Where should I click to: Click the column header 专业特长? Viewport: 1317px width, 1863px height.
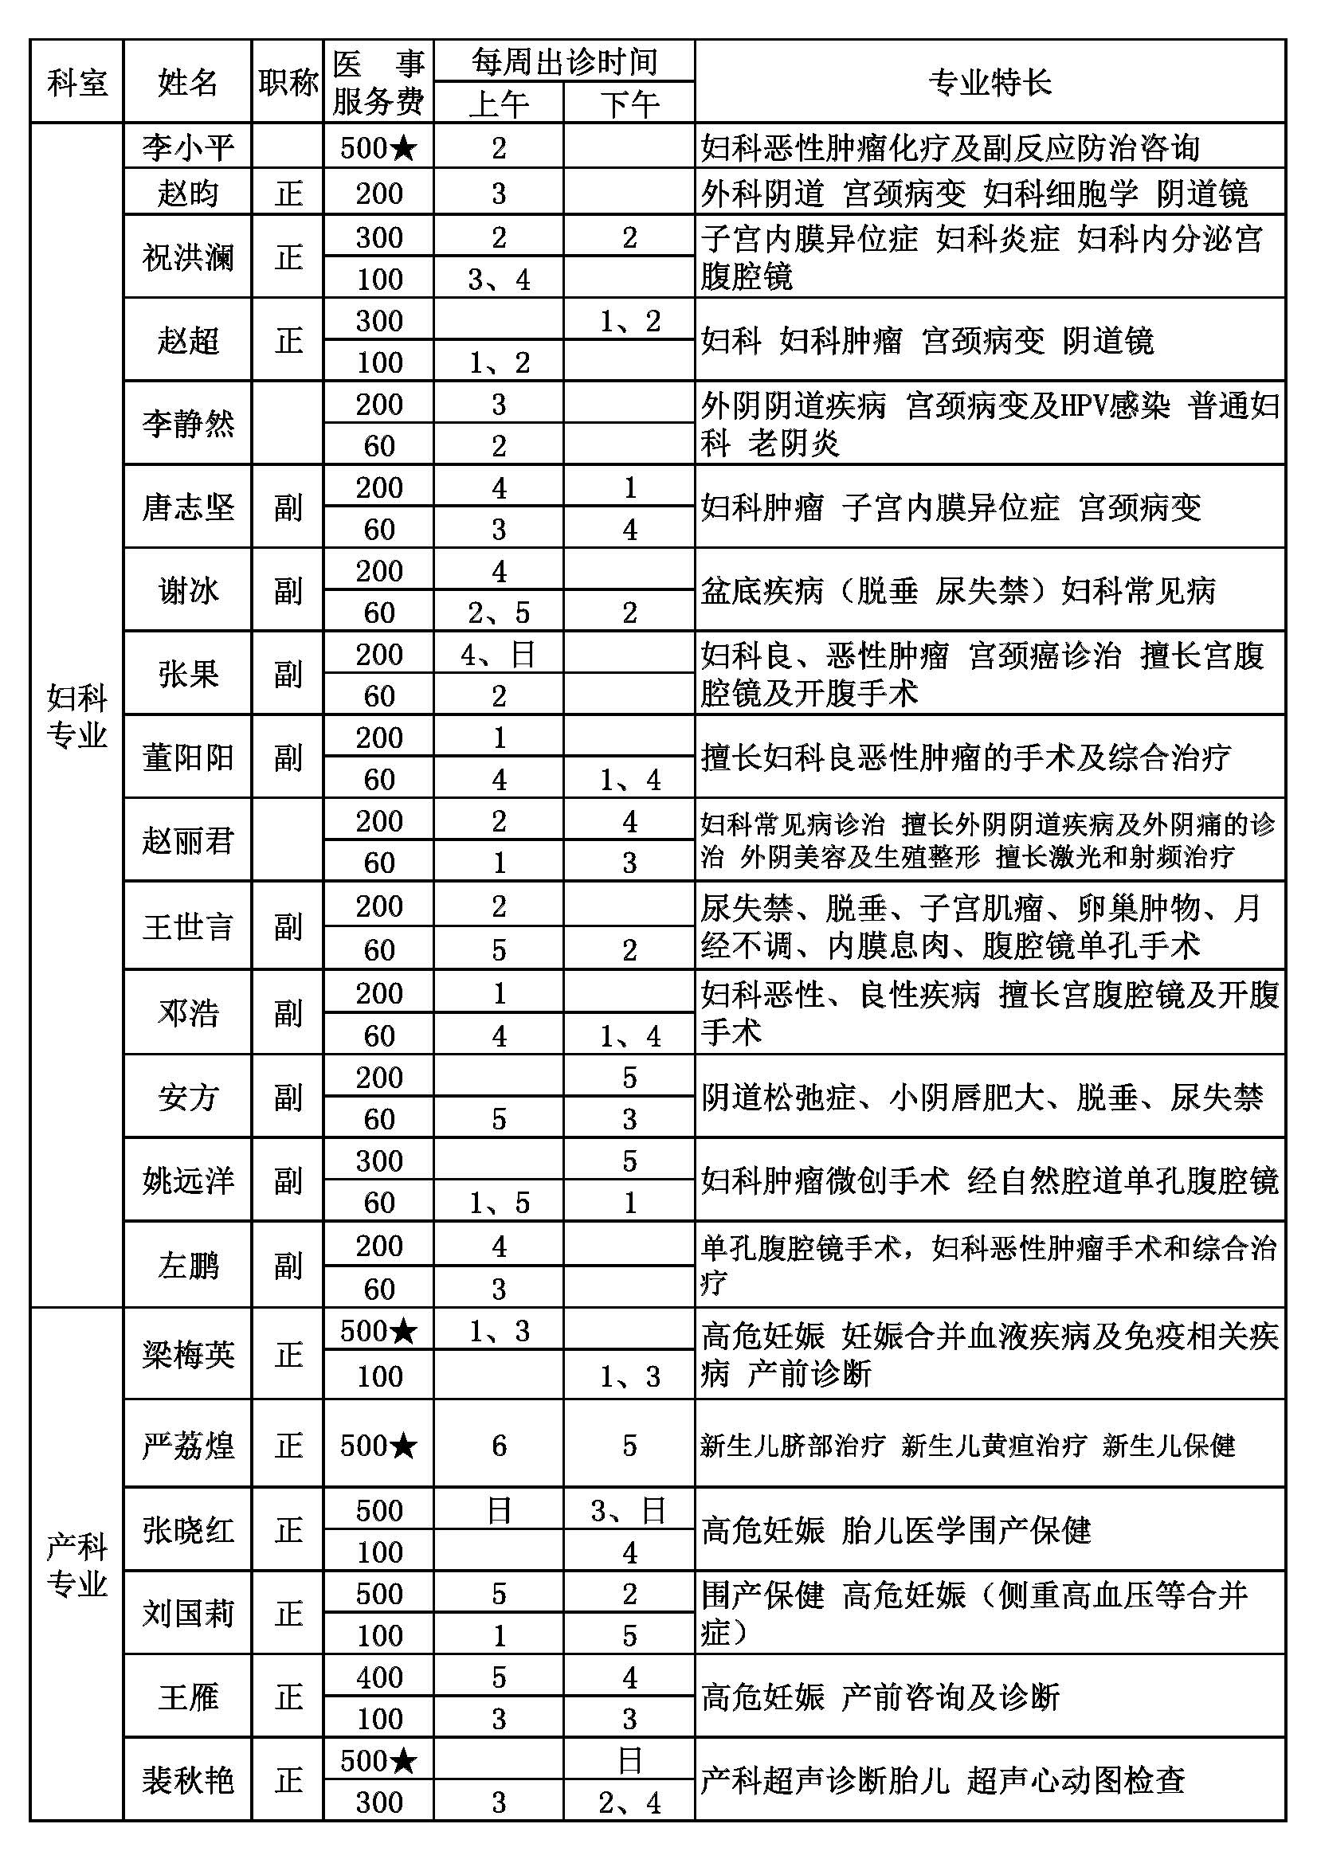coord(990,82)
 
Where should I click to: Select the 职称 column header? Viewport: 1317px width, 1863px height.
coord(288,82)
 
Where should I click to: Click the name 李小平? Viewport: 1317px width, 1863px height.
coord(188,147)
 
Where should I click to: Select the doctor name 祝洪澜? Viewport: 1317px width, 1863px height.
coord(188,257)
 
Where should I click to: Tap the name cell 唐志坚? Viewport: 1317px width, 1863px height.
coord(188,508)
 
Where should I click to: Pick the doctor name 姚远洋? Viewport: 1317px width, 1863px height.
coord(188,1180)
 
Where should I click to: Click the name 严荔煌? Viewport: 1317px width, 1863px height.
coord(188,1445)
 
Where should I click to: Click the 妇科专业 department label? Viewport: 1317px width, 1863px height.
coord(77,716)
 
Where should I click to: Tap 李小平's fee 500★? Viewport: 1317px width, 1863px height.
coord(379,147)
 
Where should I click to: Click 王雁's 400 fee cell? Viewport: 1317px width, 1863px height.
coord(379,1677)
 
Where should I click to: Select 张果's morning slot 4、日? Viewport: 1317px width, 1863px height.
coord(498,655)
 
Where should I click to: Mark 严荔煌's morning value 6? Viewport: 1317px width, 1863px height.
coord(498,1445)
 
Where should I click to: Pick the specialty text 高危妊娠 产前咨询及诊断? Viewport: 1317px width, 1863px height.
coord(880,1697)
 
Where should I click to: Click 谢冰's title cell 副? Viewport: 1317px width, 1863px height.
coord(288,591)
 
